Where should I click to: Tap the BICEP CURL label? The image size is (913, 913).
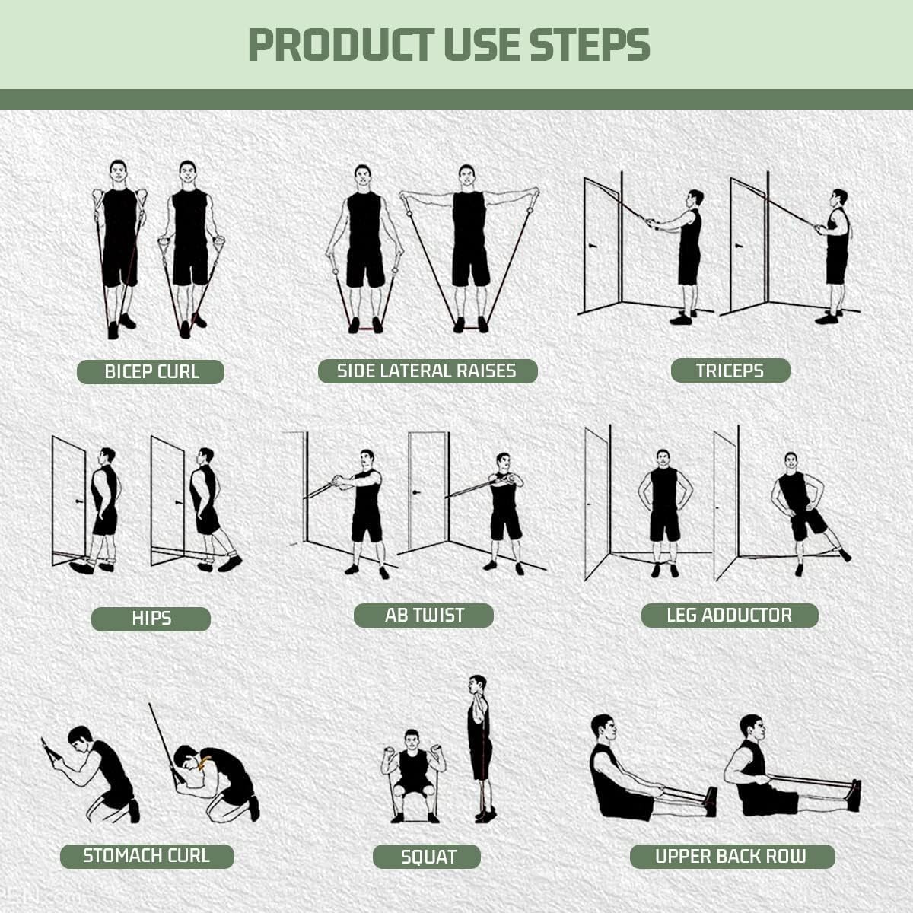[151, 372]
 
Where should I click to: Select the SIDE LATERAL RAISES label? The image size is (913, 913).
[427, 371]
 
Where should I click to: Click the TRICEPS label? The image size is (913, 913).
[730, 371]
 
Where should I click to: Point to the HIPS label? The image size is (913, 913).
[151, 619]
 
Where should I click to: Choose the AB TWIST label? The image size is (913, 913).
[424, 615]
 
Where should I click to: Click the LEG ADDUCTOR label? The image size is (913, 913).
[729, 615]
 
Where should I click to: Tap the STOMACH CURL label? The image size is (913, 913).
[146, 856]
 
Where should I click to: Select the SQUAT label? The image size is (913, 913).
[428, 857]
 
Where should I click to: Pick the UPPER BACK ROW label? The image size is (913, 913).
[730, 856]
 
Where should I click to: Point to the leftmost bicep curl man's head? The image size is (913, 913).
[118, 170]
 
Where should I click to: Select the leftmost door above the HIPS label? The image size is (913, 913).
[68, 498]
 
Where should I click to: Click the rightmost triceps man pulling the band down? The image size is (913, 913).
[836, 251]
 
